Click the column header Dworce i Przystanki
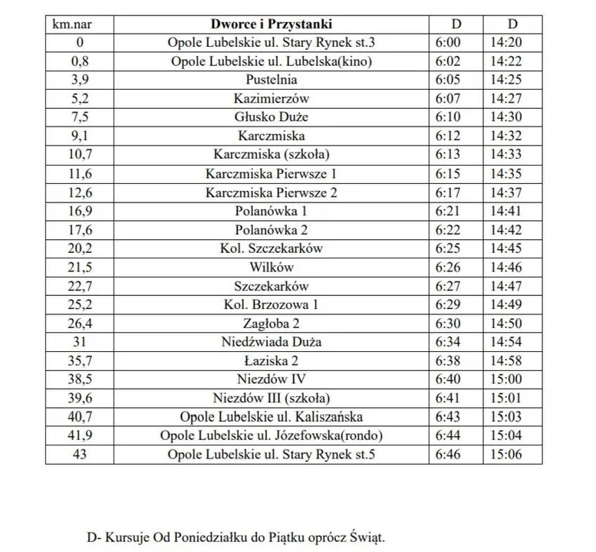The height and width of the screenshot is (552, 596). tap(272, 24)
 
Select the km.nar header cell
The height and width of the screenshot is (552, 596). tap(68, 24)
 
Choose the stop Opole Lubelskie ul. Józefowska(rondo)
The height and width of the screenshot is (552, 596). tap(272, 435)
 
